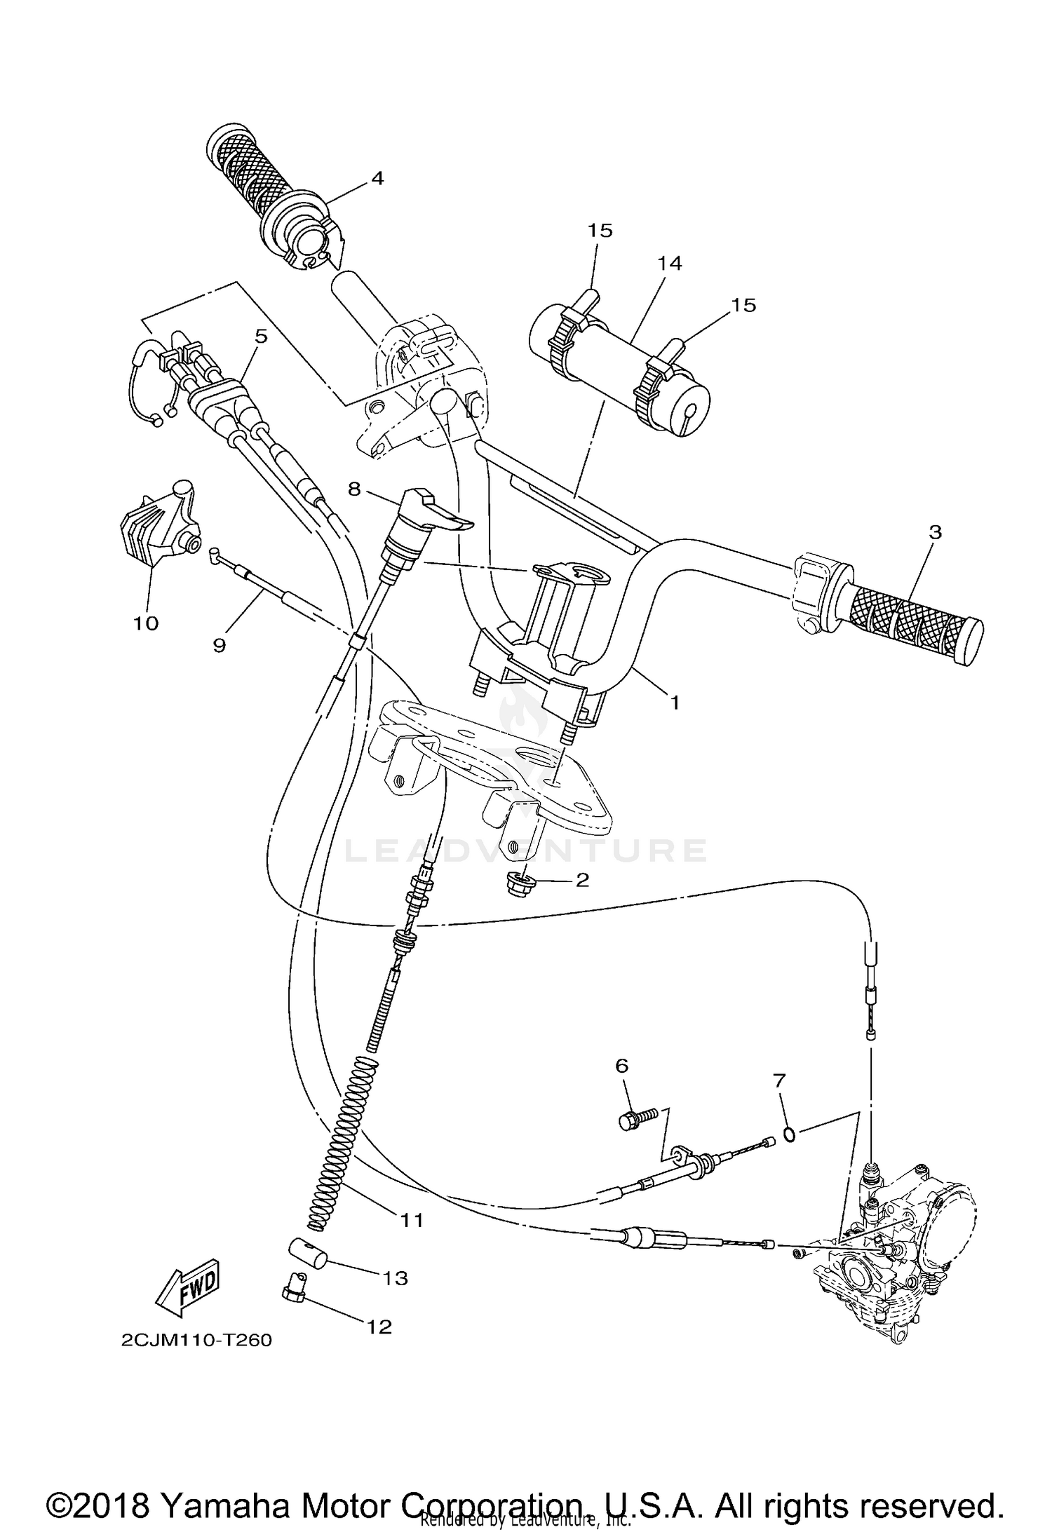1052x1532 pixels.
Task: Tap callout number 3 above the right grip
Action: click(935, 532)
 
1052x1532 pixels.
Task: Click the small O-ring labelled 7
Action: click(788, 1134)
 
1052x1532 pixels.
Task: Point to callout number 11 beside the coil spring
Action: click(412, 1221)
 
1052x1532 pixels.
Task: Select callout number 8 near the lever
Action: click(354, 489)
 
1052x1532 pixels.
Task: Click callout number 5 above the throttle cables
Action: click(261, 337)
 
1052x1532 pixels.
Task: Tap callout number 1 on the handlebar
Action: click(674, 702)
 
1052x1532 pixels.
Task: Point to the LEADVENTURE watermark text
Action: click(526, 850)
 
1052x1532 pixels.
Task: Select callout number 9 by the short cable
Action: click(220, 644)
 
